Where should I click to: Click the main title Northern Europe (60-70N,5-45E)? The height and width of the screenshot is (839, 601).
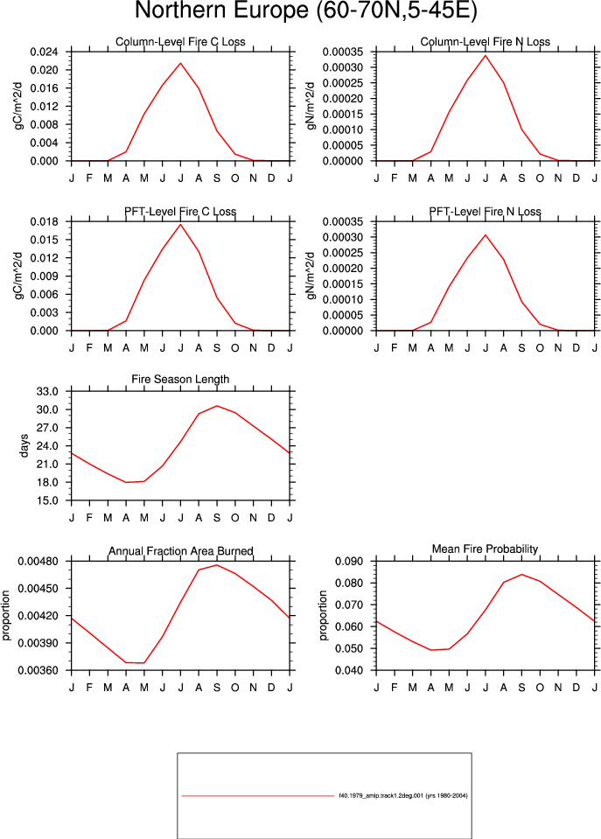point(305,10)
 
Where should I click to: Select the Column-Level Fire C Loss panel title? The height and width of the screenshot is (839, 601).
point(180,42)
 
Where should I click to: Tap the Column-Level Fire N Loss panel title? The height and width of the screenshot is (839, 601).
point(486,42)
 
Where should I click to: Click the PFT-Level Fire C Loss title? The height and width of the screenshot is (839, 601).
point(180,212)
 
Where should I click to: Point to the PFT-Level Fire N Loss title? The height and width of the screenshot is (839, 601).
point(486,212)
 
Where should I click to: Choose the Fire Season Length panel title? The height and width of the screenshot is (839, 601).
point(180,379)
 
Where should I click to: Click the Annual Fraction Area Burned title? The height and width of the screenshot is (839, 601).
point(181,551)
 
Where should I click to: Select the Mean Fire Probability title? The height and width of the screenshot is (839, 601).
point(485,549)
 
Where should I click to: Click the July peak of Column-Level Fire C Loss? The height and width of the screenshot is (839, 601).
point(180,63)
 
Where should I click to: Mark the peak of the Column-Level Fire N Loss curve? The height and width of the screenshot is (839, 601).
point(486,55)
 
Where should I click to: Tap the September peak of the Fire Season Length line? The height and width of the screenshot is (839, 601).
point(217,406)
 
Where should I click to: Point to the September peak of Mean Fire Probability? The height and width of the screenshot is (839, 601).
point(521,574)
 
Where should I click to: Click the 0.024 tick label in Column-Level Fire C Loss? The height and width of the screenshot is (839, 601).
point(44,52)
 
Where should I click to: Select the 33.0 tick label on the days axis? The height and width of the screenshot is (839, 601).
point(47,391)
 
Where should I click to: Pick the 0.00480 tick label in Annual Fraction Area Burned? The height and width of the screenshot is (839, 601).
point(38,562)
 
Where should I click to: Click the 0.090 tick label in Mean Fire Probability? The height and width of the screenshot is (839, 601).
point(349,562)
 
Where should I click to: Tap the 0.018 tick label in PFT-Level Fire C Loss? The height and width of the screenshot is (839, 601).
point(44,221)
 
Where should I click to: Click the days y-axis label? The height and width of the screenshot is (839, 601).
point(24,445)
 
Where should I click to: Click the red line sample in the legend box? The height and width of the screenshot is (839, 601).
point(258,795)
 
